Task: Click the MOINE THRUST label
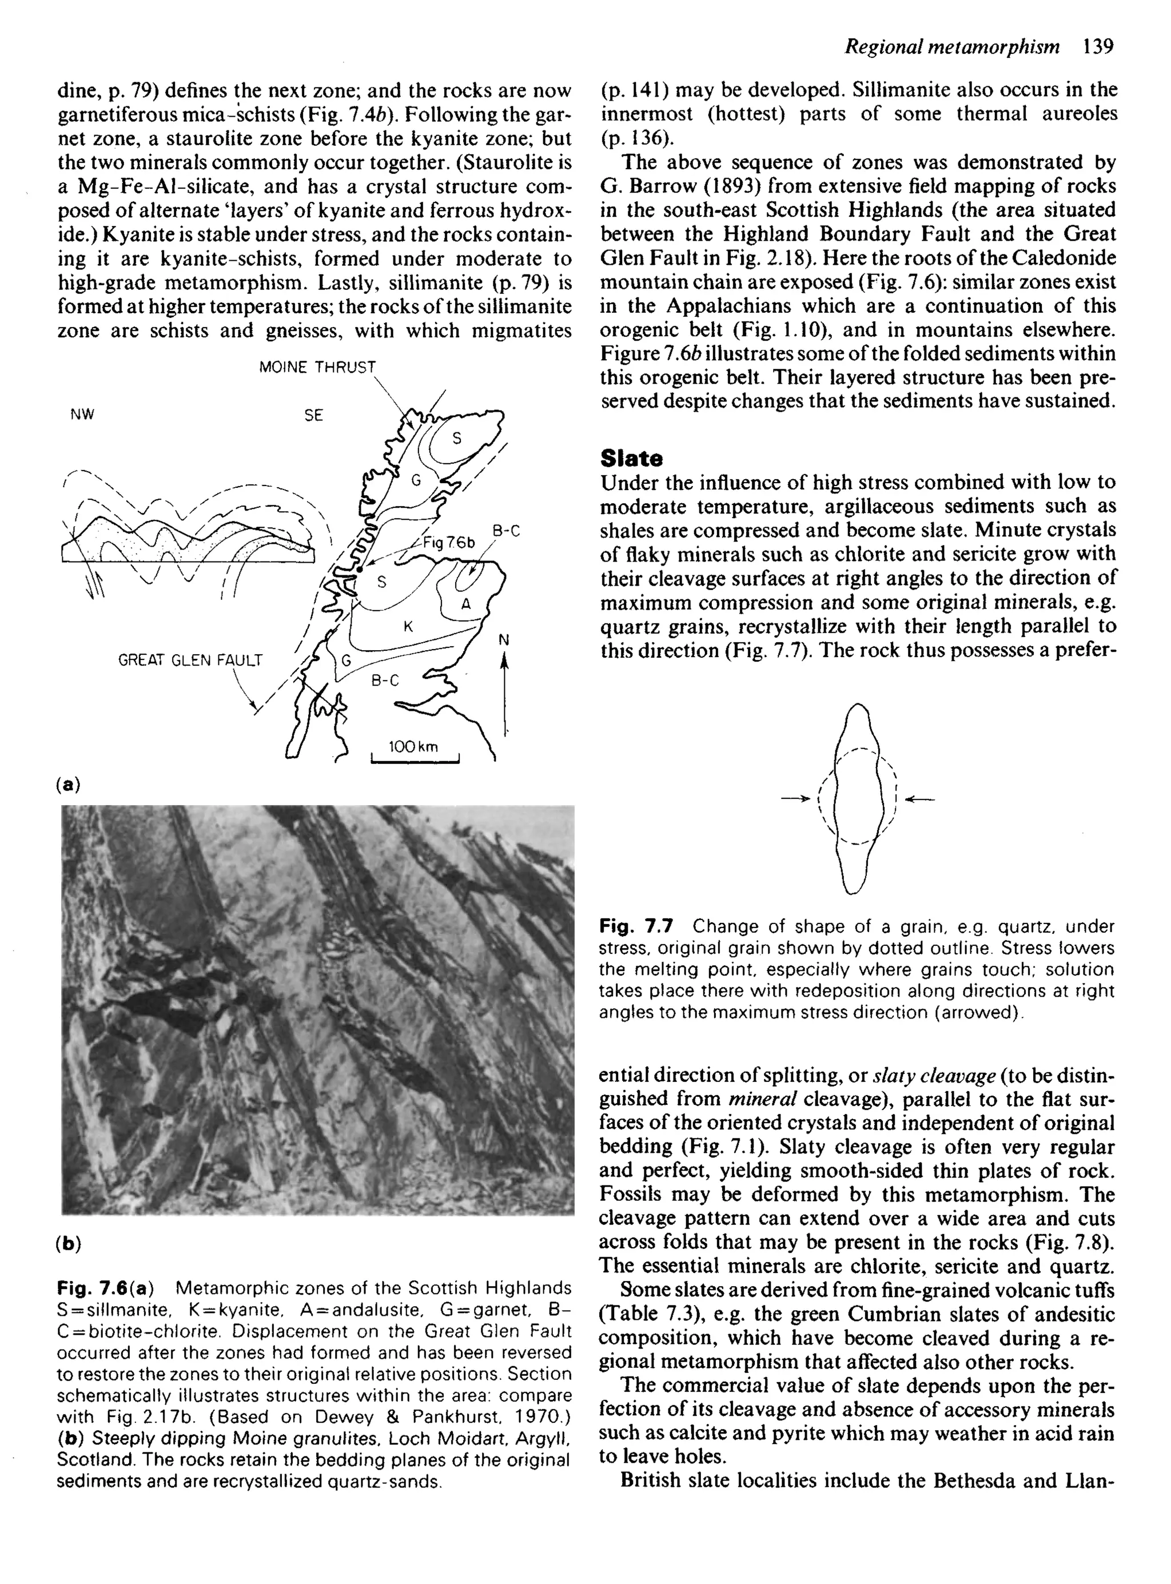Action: pos(317,367)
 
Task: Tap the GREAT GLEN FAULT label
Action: pos(190,660)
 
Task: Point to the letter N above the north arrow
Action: pos(504,640)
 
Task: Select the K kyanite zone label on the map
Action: pos(408,627)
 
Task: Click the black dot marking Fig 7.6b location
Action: pos(360,569)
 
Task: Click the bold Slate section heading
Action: pos(631,459)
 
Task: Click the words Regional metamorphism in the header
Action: pos(952,47)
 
